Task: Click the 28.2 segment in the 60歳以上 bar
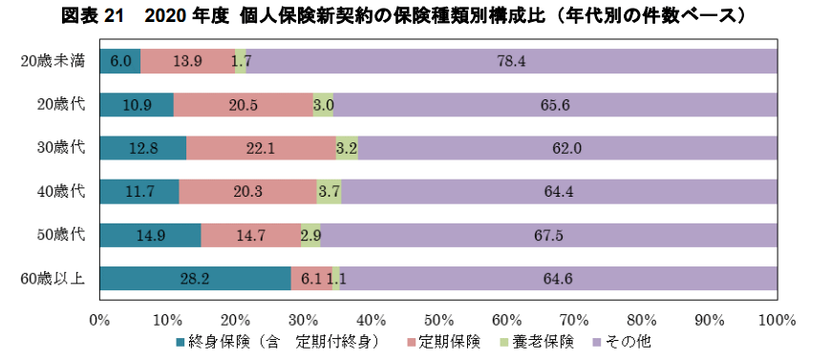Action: pyautogui.click(x=196, y=278)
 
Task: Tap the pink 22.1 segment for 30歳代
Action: pyautogui.click(x=260, y=148)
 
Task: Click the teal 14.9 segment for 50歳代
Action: pyautogui.click(x=150, y=235)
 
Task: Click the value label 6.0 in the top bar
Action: pyautogui.click(x=120, y=61)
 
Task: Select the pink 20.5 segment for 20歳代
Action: pyautogui.click(x=243, y=105)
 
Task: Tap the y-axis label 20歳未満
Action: pyautogui.click(x=53, y=61)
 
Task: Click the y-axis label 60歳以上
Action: pyautogui.click(x=53, y=278)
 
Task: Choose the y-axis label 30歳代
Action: pyautogui.click(x=60, y=148)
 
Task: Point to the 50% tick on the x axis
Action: pyautogui.click(x=438, y=318)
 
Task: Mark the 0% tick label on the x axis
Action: pyautogui.click(x=100, y=318)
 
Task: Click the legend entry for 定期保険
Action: pyautogui.click(x=449, y=341)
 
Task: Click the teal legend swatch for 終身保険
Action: pyautogui.click(x=181, y=341)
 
